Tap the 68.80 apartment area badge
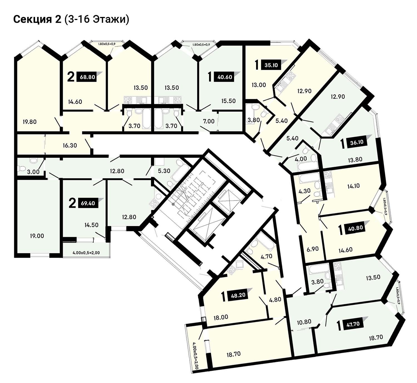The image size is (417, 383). [x=88, y=77]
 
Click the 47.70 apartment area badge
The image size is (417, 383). [x=353, y=324]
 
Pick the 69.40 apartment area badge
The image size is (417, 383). [x=88, y=203]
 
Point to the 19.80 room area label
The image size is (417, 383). [x=29, y=122]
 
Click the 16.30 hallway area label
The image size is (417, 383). [x=70, y=145]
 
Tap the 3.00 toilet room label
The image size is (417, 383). [x=33, y=172]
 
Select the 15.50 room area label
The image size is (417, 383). [x=229, y=101]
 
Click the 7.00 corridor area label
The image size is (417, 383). [x=209, y=121]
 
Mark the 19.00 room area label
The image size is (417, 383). [x=37, y=236]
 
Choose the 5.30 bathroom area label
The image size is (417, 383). [x=164, y=171]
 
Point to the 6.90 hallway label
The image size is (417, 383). [x=313, y=249]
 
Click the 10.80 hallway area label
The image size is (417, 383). [x=304, y=322]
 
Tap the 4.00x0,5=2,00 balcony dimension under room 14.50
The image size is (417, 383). [x=86, y=253]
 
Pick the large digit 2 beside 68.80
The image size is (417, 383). [x=71, y=77]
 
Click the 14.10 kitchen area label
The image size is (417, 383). [x=353, y=186]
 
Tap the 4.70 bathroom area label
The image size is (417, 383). [x=266, y=257]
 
